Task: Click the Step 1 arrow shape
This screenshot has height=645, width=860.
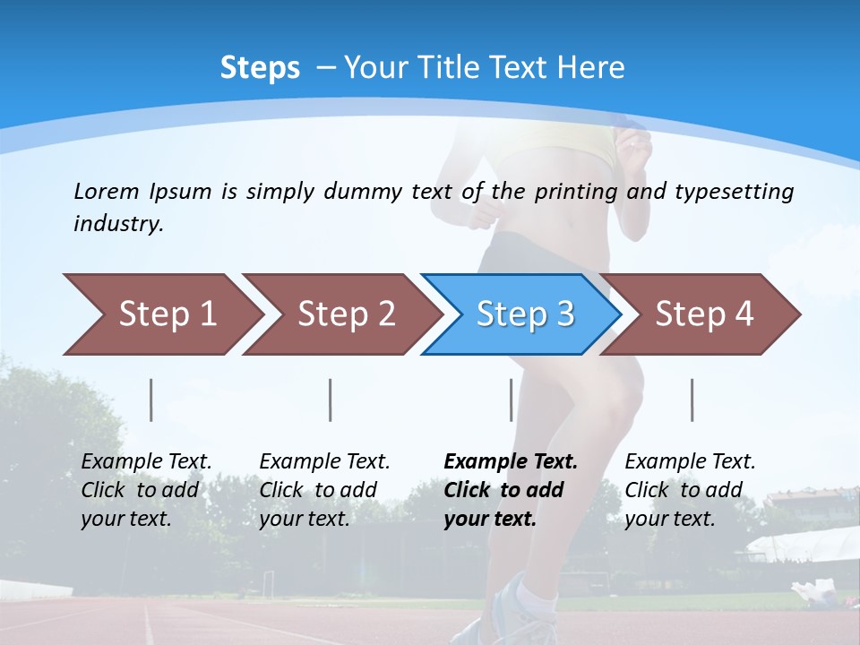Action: [x=161, y=314]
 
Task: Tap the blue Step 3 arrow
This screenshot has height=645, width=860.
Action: [x=524, y=314]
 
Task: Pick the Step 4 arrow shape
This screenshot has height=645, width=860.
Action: [x=703, y=314]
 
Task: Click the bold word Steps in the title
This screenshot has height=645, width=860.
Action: [x=260, y=68]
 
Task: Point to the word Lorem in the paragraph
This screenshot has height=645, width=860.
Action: [x=107, y=191]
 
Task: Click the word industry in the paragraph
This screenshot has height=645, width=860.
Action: [x=118, y=223]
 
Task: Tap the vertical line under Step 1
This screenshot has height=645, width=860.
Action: [x=151, y=400]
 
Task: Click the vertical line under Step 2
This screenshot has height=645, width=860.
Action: [x=331, y=400]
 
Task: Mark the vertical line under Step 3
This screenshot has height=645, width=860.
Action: [x=512, y=400]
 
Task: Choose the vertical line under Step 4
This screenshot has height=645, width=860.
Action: [x=692, y=400]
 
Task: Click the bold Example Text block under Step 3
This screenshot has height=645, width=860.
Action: [x=510, y=490]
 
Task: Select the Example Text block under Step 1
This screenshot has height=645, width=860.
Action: [x=146, y=490]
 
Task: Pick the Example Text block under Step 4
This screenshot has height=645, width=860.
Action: [x=690, y=490]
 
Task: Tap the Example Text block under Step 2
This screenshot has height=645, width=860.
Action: [x=324, y=490]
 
